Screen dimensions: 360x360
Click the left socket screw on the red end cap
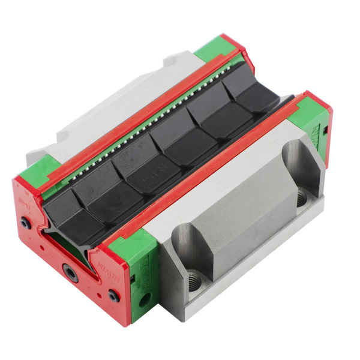(x=25, y=223)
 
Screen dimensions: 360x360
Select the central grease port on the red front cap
(x=71, y=274)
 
